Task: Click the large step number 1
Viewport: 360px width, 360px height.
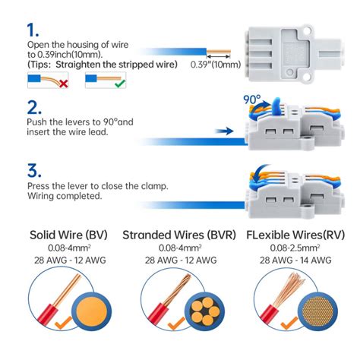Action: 33,30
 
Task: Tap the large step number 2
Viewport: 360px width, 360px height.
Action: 34,107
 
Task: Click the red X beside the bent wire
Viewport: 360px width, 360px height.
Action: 63,84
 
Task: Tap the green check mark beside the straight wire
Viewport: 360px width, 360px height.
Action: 120,84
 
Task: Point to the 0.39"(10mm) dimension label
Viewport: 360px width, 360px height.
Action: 215,65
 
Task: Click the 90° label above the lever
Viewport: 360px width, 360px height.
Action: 251,99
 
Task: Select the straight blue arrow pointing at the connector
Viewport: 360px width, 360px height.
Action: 224,131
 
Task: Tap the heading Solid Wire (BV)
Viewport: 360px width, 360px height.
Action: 68,235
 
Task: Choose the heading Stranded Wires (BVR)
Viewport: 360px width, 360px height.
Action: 179,235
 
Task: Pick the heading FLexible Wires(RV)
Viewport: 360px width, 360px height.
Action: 295,235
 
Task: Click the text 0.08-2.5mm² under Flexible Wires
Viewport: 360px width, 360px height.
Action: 295,248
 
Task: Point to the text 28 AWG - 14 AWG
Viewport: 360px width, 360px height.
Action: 295,260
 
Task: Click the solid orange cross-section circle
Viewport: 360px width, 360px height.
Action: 91,311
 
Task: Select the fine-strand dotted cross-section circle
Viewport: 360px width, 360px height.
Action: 318,311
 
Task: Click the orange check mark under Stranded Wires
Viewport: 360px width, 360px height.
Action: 175,323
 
